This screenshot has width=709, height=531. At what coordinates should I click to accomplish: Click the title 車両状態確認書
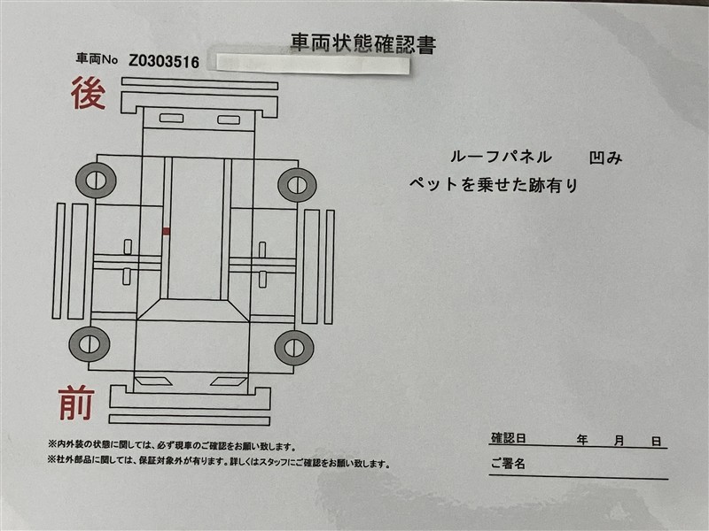tap(363, 43)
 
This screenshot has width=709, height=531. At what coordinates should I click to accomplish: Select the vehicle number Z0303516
tap(164, 61)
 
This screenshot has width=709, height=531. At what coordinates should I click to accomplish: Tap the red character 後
tap(88, 93)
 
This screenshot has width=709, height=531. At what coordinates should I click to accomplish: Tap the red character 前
tap(76, 404)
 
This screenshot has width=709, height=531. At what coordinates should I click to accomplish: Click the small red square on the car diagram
tap(166, 231)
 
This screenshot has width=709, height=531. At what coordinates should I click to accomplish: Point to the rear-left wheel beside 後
tap(96, 181)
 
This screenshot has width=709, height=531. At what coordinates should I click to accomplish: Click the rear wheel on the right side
tap(297, 185)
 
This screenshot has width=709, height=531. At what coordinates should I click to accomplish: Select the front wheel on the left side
tap(90, 344)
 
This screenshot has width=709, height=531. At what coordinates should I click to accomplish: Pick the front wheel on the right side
tap(294, 348)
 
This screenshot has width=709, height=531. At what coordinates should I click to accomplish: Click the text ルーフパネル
tap(501, 157)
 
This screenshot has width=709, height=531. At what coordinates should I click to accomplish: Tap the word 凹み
tap(605, 158)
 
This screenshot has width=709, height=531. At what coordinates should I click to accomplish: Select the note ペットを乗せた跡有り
tap(494, 184)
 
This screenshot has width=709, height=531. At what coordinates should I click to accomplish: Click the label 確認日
tap(508, 438)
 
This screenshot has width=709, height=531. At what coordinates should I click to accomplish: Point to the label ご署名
tap(508, 463)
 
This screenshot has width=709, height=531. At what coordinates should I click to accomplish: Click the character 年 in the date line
tap(582, 439)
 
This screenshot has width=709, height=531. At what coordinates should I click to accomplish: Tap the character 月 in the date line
tap(619, 440)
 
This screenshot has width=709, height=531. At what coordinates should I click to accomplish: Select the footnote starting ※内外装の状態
tap(172, 446)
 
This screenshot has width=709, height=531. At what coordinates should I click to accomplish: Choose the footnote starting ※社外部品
tap(218, 462)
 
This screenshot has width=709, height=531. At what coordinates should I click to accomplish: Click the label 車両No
tap(97, 58)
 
